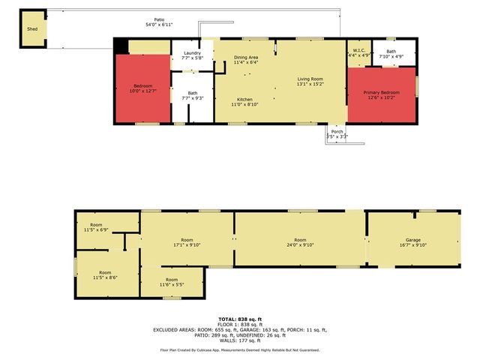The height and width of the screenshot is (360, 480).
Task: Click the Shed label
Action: point(32,29)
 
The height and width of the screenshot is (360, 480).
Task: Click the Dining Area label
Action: point(246,58)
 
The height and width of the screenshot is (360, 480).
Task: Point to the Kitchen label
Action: point(244,100)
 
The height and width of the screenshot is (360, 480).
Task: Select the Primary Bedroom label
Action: point(382,92)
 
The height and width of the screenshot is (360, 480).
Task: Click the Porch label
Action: point(337,131)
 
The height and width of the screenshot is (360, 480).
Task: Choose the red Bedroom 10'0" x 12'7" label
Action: point(142,86)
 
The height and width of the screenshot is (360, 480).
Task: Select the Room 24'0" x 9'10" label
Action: point(300,241)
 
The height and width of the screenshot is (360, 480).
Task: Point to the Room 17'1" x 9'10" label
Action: point(187,241)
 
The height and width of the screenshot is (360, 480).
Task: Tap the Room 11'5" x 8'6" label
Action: point(105,273)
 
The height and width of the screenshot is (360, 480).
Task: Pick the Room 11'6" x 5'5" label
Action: point(171,281)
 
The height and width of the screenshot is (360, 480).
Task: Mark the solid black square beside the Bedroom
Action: point(121,46)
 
